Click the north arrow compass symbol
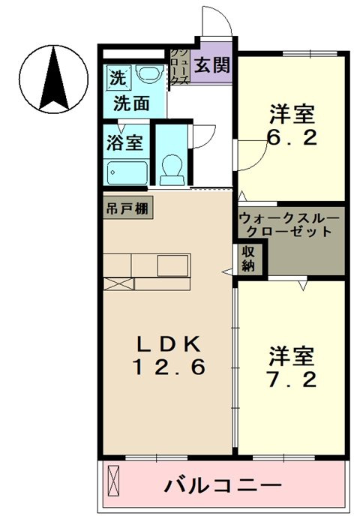[x=53, y=79]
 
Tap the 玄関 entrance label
[x=212, y=65]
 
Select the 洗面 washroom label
[x=131, y=103]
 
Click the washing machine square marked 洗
[x=118, y=78]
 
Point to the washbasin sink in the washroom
[x=149, y=74]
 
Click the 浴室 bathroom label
[x=124, y=142]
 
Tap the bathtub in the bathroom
[x=126, y=172]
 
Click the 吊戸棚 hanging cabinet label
[x=127, y=208]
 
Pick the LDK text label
[x=169, y=344]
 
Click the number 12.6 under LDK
[x=169, y=367]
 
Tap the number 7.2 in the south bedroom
[x=292, y=379]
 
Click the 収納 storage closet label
[x=248, y=259]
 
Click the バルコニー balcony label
[x=223, y=486]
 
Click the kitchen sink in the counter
[x=172, y=265]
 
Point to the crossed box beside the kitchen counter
[x=118, y=284]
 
